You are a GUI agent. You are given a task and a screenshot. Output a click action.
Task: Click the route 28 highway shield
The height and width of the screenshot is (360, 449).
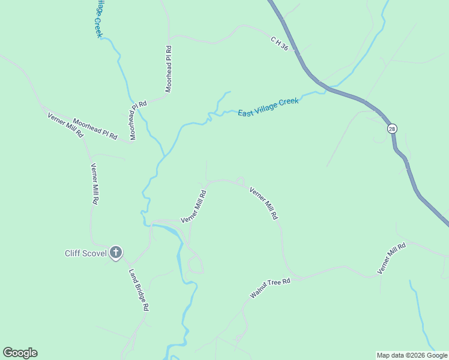(392, 129)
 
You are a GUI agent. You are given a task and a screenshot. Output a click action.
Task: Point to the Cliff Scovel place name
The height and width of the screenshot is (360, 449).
(85, 253)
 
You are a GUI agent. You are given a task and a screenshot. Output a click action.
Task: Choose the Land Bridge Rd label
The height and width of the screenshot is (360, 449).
(138, 289)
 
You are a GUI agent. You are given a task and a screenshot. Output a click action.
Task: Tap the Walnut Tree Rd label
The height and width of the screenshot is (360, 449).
(270, 288)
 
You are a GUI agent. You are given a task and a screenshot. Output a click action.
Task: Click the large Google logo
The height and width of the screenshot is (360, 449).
(20, 353)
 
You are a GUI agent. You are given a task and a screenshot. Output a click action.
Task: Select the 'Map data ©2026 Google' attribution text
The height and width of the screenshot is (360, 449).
(412, 355)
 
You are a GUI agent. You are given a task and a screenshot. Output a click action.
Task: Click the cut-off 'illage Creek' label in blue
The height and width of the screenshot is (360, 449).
(97, 18)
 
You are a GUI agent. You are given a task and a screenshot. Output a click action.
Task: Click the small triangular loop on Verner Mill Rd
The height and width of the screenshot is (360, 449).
(240, 181)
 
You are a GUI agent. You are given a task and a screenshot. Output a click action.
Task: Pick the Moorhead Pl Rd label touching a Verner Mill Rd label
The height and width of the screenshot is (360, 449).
(95, 128)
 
